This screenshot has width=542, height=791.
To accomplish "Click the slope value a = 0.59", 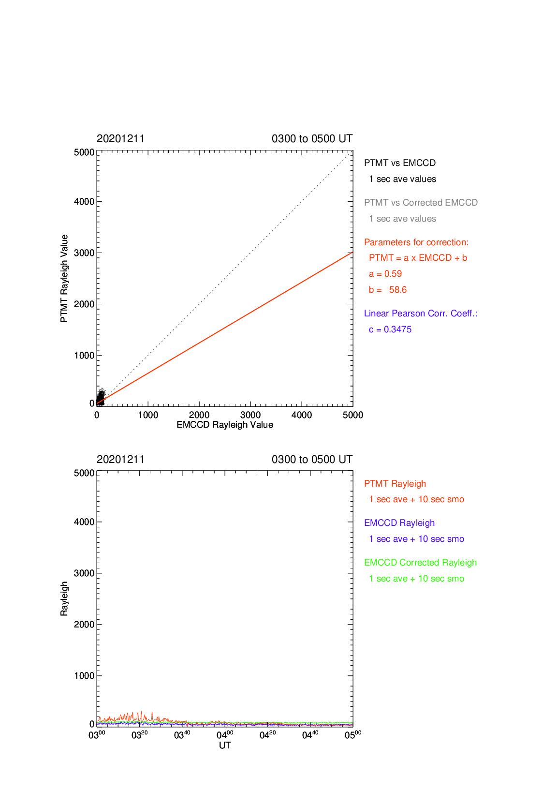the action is click(385, 274).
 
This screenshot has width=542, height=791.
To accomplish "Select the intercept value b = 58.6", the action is click(388, 290).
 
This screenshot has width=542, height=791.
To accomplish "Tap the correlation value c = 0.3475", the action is click(390, 329).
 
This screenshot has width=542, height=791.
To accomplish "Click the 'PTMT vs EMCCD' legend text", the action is click(400, 163).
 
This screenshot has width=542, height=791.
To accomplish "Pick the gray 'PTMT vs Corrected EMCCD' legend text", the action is click(421, 202).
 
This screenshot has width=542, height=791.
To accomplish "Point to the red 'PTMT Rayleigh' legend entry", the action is click(395, 484).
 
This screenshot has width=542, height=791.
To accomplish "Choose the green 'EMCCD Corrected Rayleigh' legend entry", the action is click(420, 563).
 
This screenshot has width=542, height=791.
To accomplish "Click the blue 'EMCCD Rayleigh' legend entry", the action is click(399, 523).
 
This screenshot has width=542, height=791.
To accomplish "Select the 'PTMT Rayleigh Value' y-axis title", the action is click(64, 278).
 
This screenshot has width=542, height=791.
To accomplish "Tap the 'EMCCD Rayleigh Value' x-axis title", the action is click(225, 424).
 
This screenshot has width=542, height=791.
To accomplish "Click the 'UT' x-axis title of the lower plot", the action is click(225, 745).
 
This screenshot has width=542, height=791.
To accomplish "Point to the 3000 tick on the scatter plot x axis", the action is click(250, 415).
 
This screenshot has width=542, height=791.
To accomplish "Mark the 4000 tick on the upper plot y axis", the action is click(84, 202).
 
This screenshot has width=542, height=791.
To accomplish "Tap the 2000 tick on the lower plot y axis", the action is click(84, 624).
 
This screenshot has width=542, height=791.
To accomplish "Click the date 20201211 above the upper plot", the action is click(121, 138).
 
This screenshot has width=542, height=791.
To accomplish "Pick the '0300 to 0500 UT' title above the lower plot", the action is click(312, 459).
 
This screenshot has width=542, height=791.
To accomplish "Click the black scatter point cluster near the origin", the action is click(101, 397).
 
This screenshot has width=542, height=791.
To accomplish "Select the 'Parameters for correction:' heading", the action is click(416, 242).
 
